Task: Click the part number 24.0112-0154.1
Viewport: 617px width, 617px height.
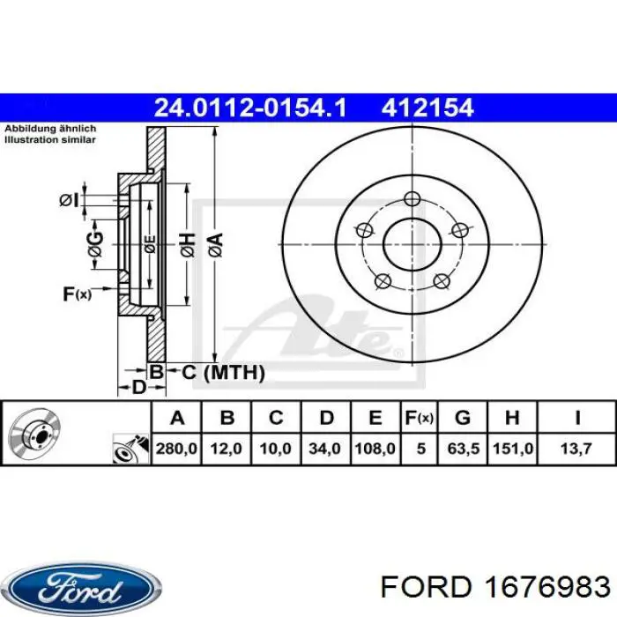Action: (x=250, y=108)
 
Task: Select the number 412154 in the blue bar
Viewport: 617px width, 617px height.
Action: (x=427, y=108)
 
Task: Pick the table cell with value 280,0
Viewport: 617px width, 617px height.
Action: (x=176, y=449)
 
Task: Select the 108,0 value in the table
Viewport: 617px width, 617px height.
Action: (x=375, y=449)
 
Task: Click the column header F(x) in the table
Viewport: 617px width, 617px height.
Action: (x=420, y=418)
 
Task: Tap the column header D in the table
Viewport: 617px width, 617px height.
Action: (x=325, y=418)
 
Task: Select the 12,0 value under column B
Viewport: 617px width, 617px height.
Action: (x=227, y=449)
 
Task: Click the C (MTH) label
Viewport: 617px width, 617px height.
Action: (x=223, y=373)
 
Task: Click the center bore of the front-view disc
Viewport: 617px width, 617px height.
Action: (x=412, y=242)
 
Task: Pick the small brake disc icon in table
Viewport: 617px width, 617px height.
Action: (x=33, y=435)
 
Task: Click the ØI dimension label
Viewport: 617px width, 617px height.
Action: (x=69, y=200)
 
